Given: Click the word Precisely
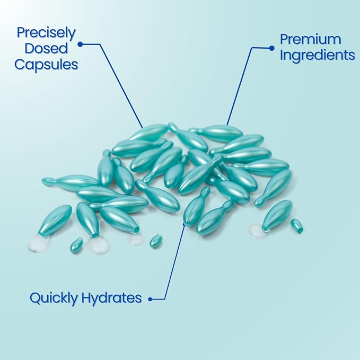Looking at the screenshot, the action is click(x=46, y=33).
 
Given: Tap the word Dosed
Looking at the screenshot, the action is click(x=46, y=48).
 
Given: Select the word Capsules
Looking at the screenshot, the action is click(x=46, y=65).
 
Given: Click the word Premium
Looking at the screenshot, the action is click(x=310, y=39).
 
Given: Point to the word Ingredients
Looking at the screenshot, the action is click(x=318, y=55).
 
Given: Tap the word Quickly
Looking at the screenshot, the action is click(x=54, y=298).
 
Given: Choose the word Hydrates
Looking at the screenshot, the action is click(x=111, y=297).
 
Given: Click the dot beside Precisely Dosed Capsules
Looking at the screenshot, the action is click(x=80, y=44).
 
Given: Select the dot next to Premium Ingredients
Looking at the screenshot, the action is click(x=271, y=48).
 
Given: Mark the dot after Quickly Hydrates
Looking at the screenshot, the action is click(x=151, y=299).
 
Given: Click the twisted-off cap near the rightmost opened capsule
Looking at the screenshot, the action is click(x=296, y=225).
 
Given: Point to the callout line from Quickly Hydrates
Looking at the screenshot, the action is click(x=173, y=262).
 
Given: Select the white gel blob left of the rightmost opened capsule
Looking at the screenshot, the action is click(x=257, y=231).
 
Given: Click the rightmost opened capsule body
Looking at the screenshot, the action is click(x=277, y=215).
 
